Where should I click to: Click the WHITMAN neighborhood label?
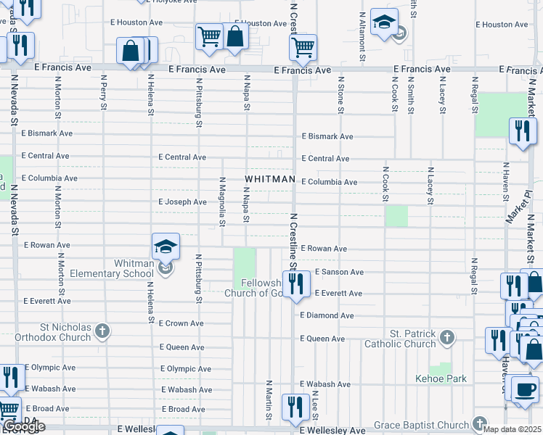269,179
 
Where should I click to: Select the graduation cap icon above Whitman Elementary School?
166,246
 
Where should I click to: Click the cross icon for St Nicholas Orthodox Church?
102,331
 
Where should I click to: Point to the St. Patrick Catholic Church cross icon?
447,337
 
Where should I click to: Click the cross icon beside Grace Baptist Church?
479,423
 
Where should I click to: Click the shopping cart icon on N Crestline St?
303,48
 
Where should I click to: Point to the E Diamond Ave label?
327,316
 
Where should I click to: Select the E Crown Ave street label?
183,323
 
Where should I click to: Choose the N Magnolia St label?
222,202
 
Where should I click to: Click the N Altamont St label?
361,30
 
